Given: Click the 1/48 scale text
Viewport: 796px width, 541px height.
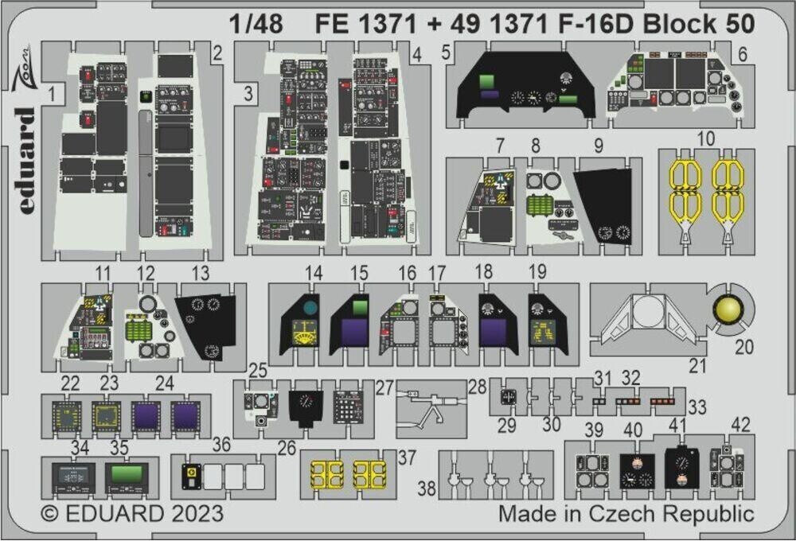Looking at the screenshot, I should [254, 24].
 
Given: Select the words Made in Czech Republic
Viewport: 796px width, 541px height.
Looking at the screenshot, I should [626, 513].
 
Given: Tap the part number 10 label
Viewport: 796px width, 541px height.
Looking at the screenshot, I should [704, 138].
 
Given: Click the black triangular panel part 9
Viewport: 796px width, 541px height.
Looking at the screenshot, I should [605, 203].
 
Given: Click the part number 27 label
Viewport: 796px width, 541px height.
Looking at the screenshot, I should [385, 387].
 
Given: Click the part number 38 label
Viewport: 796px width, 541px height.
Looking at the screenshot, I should [427, 488].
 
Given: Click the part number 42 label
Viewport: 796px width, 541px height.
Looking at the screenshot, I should [741, 423].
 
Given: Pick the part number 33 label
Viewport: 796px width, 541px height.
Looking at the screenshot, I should [697, 407].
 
